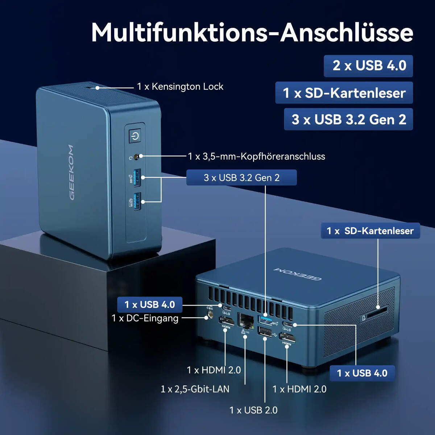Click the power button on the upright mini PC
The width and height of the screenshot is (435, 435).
135,136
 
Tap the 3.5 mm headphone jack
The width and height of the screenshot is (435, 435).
137,156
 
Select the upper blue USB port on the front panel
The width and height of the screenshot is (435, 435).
137,178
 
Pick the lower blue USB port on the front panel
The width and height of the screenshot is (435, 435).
137,202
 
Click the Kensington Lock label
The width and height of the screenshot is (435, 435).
180,87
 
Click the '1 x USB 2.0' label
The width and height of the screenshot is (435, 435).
253,410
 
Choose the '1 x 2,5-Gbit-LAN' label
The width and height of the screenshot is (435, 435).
195,389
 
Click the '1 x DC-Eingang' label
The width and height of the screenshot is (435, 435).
145,318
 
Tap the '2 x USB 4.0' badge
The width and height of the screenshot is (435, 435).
368,66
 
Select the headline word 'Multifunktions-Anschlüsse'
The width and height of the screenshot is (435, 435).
252,32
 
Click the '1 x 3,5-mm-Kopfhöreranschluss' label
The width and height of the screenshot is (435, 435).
256,157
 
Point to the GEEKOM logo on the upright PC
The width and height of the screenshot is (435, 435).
71,173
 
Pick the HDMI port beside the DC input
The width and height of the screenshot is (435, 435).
226,321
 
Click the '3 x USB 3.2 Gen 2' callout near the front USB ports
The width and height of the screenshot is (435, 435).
241,178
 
